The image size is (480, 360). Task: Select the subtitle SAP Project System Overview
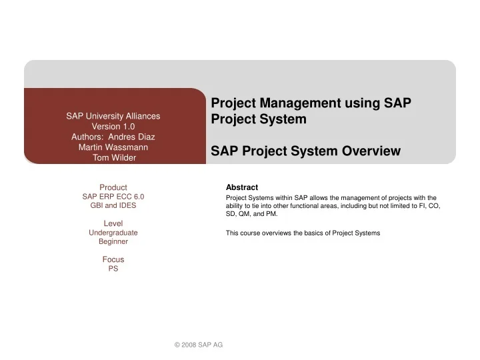pos(305,151)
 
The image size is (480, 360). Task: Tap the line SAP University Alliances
pos(113,115)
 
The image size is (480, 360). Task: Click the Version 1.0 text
pos(113,126)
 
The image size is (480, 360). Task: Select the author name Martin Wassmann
pos(113,147)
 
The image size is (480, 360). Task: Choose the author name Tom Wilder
pos(113,158)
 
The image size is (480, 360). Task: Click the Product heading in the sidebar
pos(113,187)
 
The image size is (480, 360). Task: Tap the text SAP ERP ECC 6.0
pos(113,197)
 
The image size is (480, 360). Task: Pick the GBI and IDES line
pos(113,206)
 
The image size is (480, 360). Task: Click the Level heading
pos(113,223)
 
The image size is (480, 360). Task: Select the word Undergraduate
pos(113,233)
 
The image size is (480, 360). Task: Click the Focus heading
pos(113,259)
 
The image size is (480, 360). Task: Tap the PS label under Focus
pos(113,269)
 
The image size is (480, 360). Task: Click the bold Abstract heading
pos(242,187)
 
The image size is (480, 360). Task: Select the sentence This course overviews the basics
pos(303,233)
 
